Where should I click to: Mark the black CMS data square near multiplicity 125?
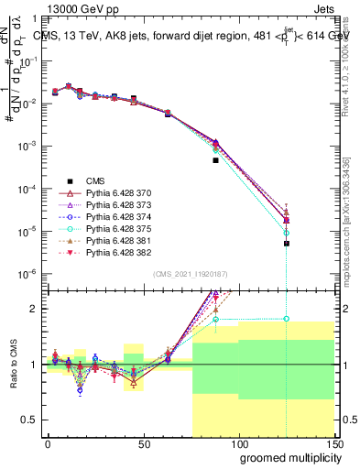click(x=287, y=244)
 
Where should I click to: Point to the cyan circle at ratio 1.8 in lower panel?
click(x=287, y=319)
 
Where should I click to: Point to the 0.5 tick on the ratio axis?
click(x=33, y=420)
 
